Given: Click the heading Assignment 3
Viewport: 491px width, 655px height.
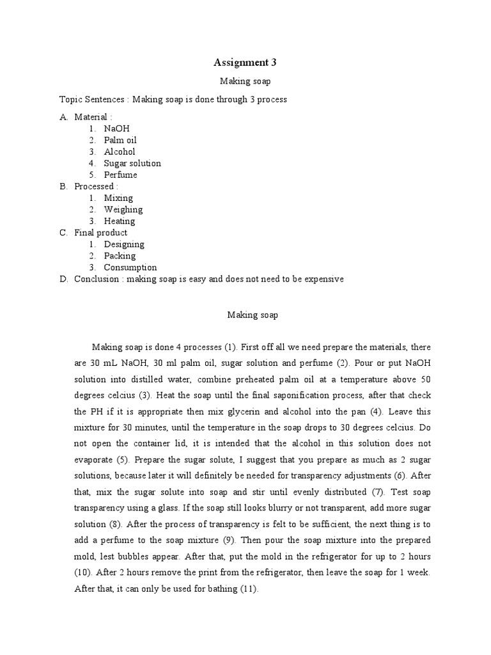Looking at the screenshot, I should (x=245, y=62).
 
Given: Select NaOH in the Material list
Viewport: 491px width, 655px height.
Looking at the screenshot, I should (x=116, y=129).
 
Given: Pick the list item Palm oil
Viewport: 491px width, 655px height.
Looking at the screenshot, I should (x=120, y=140).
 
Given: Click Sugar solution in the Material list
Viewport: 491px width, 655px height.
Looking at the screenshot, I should (x=132, y=163).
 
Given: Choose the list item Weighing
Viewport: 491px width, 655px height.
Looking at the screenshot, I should (x=123, y=209).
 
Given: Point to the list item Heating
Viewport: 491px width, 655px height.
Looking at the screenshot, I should (x=120, y=221).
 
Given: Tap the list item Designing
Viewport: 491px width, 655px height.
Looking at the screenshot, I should (x=124, y=244).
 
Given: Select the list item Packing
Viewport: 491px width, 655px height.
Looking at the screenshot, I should (x=120, y=256).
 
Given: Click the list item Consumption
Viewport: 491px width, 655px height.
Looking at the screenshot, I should (x=130, y=267).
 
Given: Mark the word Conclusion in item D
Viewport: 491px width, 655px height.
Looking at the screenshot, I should (x=97, y=279).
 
